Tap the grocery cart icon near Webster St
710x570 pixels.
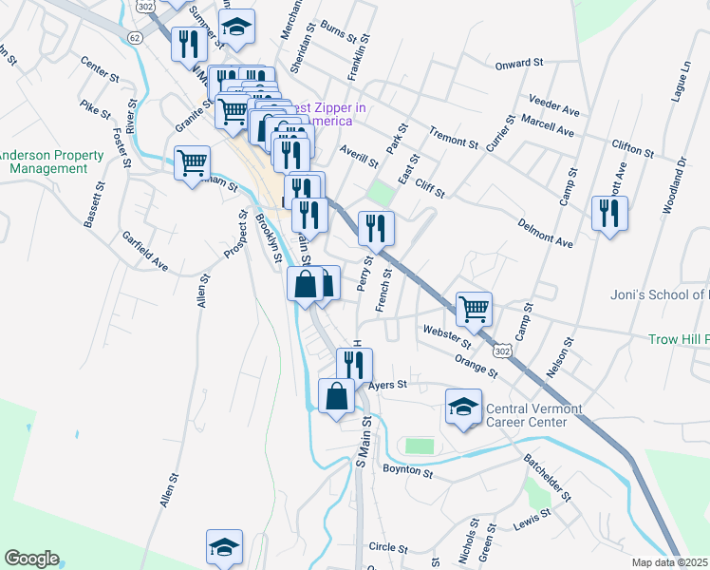coord(474,308)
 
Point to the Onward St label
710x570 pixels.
coord(519,65)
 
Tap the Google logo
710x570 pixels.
coord(31,558)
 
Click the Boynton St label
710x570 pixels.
coord(407,470)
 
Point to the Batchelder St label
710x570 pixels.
coord(547,476)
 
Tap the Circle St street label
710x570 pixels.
coord(388,548)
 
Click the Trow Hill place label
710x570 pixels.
coord(678,339)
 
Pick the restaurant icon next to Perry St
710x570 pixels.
coord(375,228)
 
